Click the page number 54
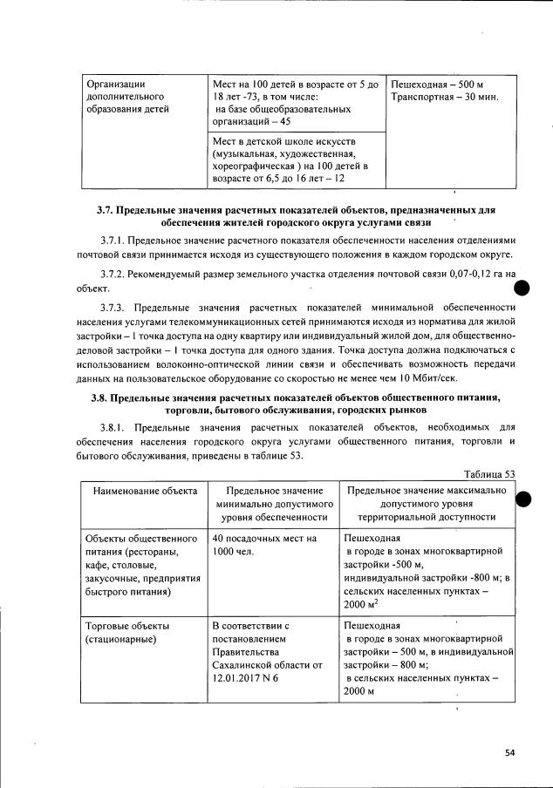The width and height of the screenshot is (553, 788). pos(509,754)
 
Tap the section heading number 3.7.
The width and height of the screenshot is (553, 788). pos(106,211)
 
